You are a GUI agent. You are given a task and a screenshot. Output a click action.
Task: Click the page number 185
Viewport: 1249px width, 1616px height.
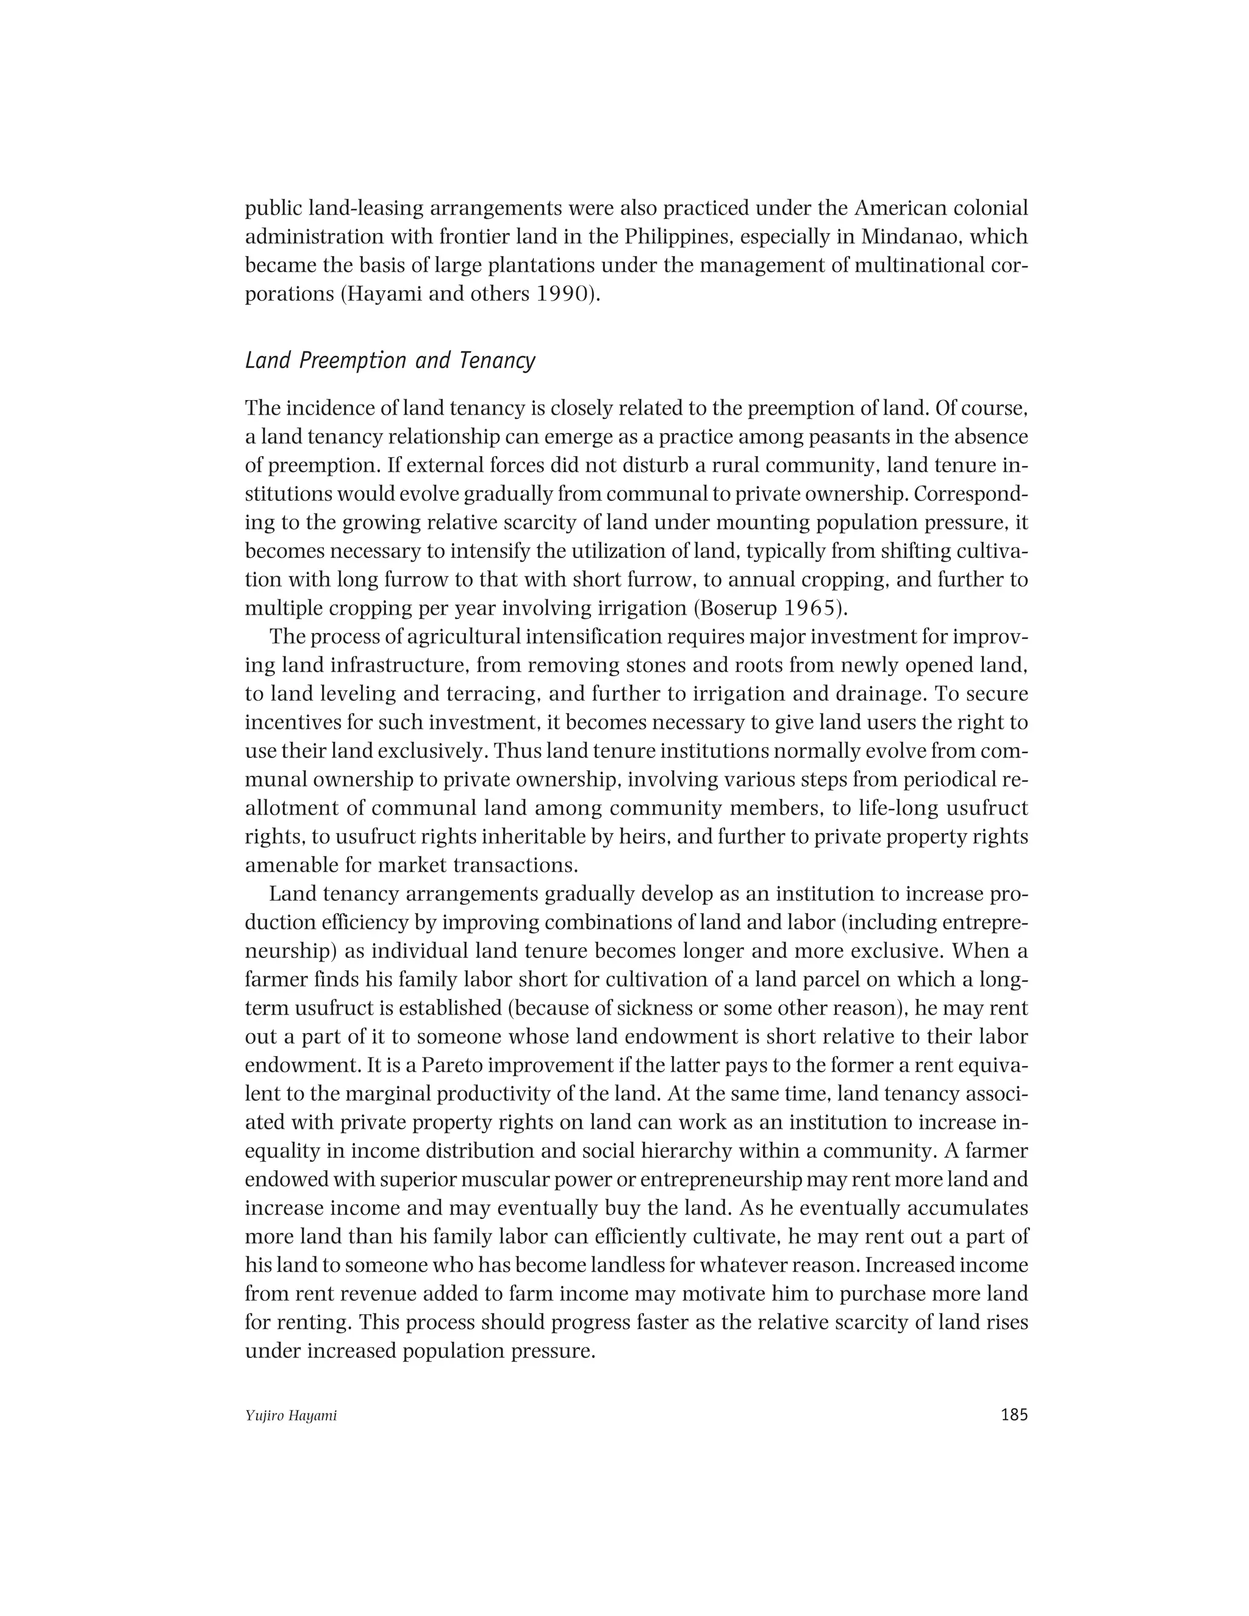tap(1014, 1415)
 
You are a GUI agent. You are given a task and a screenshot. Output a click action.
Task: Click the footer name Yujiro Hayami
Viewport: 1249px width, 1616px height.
tap(291, 1416)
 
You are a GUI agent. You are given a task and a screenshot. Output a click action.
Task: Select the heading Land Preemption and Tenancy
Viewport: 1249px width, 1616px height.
tap(390, 361)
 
